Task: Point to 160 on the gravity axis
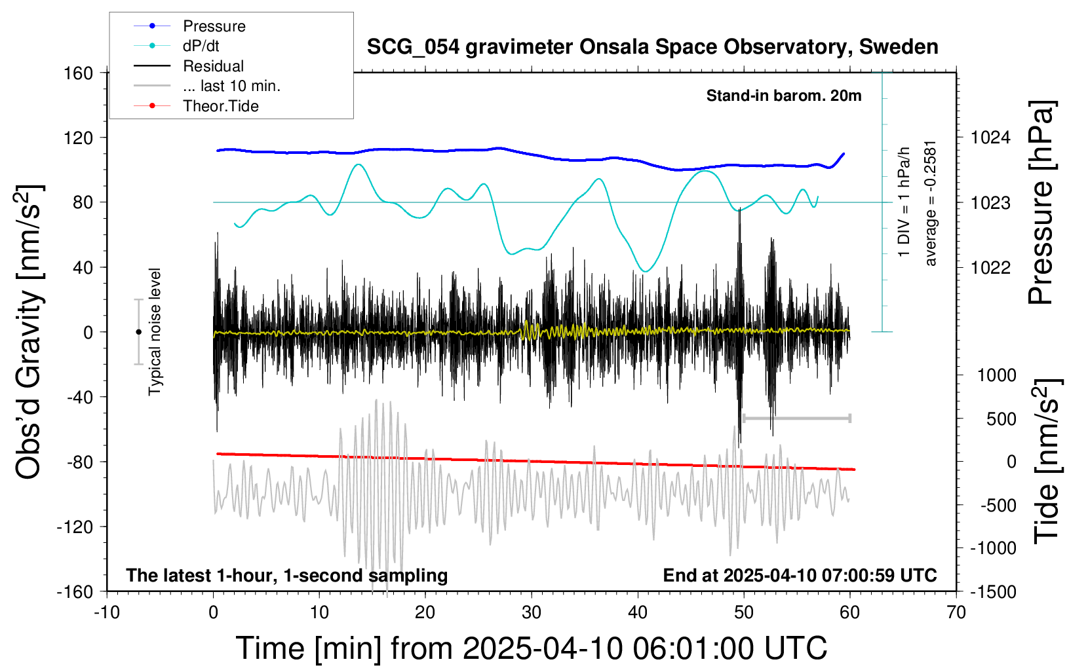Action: pyautogui.click(x=78, y=73)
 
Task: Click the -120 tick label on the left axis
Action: pyautogui.click(x=75, y=527)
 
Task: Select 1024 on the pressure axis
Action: pyautogui.click(x=990, y=138)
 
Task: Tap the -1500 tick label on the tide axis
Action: pyautogui.click(x=993, y=592)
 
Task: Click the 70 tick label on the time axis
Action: pyautogui.click(x=956, y=612)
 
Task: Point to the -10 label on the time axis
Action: pyautogui.click(x=107, y=612)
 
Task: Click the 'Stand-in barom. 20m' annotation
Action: pyautogui.click(x=784, y=96)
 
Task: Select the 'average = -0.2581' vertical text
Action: pyautogui.click(x=930, y=204)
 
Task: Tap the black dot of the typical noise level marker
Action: pyautogui.click(x=138, y=332)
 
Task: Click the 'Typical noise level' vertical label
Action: pyautogui.click(x=155, y=332)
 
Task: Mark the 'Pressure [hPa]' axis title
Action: pyautogui.click(x=1042, y=202)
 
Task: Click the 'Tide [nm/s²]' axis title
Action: pyautogui.click(x=1048, y=462)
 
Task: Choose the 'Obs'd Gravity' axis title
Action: pyautogui.click(x=29, y=332)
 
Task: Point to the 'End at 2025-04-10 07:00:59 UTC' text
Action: pyautogui.click(x=800, y=575)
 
